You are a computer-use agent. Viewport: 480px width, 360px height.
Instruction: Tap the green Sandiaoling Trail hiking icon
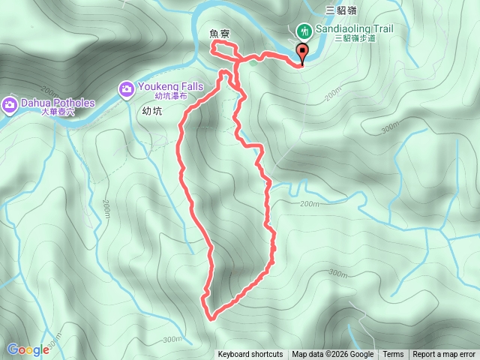click(x=304, y=31)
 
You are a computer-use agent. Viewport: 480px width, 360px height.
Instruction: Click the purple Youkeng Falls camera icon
click(x=126, y=89)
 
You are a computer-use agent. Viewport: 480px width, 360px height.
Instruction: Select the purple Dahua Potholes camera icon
click(x=10, y=103)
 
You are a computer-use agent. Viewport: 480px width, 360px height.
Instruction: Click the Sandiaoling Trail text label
click(x=355, y=28)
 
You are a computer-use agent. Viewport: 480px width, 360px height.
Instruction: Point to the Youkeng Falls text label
click(x=169, y=86)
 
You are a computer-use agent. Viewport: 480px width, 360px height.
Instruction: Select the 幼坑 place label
click(x=152, y=109)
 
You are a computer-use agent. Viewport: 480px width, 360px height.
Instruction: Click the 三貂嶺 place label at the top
click(x=340, y=10)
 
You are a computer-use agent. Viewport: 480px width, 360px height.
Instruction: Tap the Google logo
click(x=28, y=349)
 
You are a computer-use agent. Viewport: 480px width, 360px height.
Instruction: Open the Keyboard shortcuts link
click(x=250, y=355)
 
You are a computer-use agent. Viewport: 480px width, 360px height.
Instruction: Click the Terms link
click(x=393, y=355)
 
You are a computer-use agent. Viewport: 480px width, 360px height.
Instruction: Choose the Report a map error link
click(x=444, y=355)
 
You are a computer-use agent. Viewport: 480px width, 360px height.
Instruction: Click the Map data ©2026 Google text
click(x=332, y=355)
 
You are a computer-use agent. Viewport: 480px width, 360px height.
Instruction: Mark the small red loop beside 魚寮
click(x=223, y=49)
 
